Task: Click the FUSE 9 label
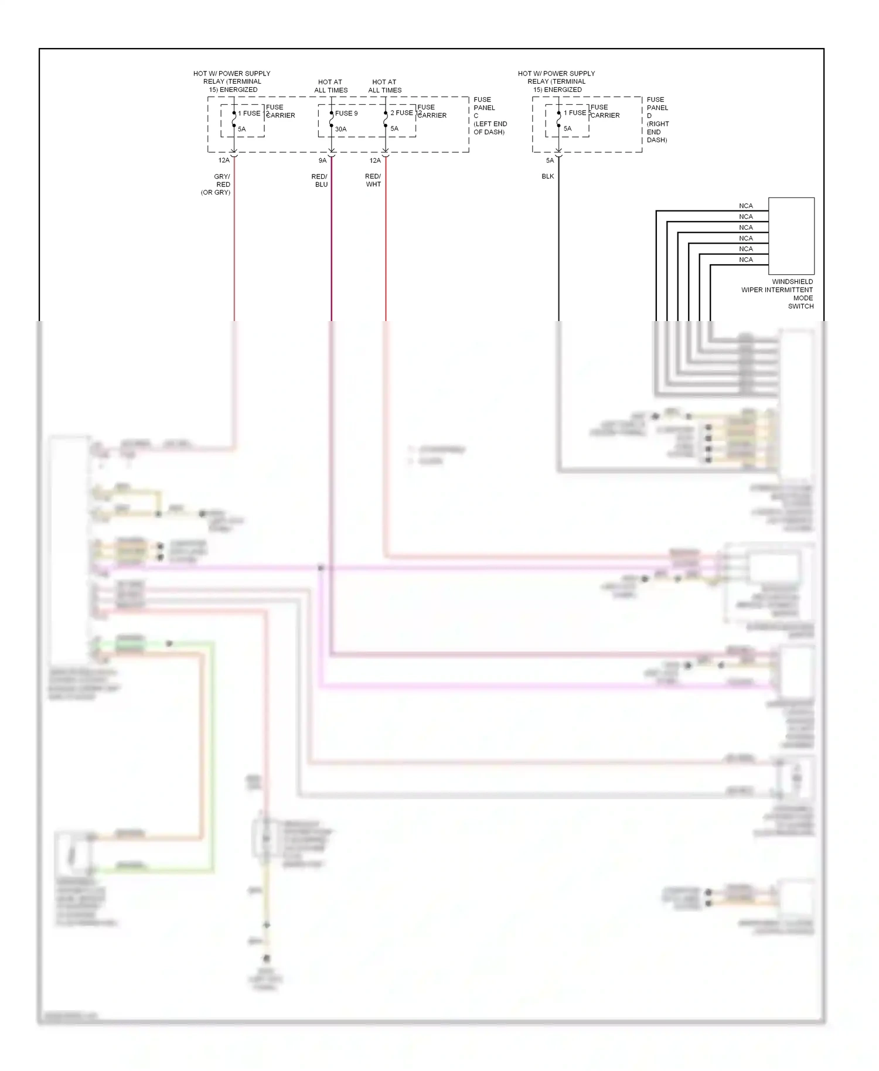(x=346, y=113)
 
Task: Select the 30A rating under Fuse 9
(x=340, y=129)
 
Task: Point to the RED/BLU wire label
(x=320, y=180)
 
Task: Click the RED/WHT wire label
(x=373, y=180)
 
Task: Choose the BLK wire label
(x=547, y=176)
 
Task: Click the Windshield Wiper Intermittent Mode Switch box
(x=791, y=236)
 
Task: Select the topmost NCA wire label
(x=745, y=206)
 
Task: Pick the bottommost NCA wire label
(x=745, y=260)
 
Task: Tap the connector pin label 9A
(x=322, y=161)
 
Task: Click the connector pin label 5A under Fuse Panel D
(x=549, y=161)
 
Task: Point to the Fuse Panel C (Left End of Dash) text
(x=489, y=116)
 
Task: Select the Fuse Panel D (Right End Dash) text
(x=657, y=120)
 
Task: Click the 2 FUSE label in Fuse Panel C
(x=401, y=112)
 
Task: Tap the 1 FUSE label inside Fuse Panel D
(x=574, y=112)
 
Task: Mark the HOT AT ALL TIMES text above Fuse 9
(x=331, y=86)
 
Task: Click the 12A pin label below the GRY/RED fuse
(x=223, y=161)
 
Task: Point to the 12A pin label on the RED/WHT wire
(x=374, y=161)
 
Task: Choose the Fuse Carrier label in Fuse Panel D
(x=604, y=111)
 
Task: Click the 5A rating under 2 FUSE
(x=394, y=129)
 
